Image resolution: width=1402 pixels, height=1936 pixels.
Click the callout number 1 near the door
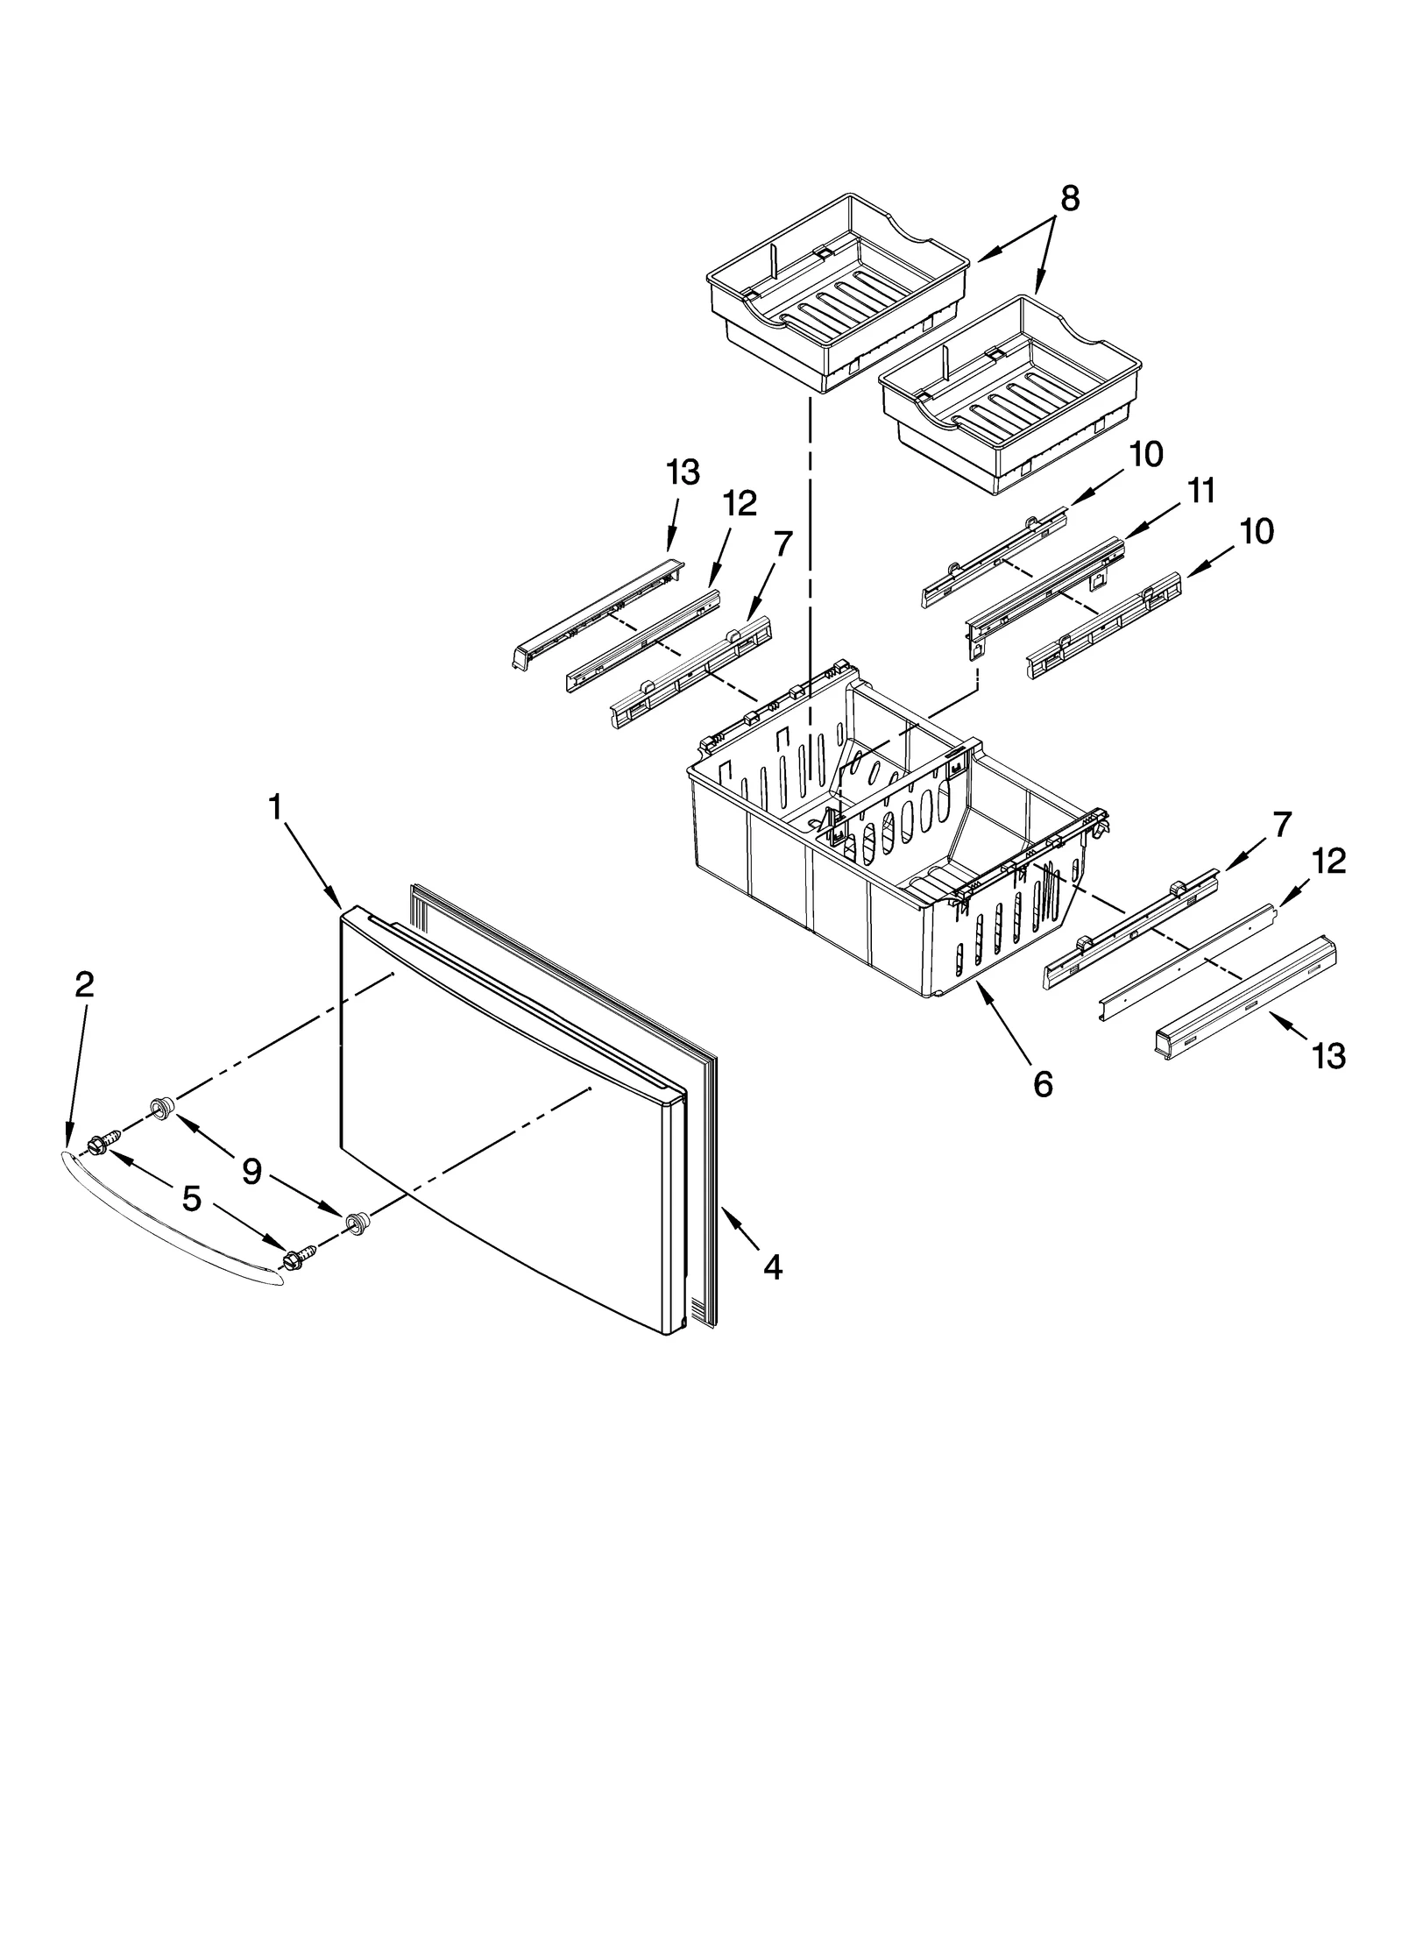pyautogui.click(x=276, y=807)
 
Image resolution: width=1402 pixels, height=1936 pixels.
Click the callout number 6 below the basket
pyautogui.click(x=1042, y=1085)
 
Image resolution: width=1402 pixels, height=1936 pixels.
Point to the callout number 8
pyautogui.click(x=1070, y=200)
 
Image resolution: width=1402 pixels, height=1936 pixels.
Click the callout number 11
pyautogui.click(x=1201, y=492)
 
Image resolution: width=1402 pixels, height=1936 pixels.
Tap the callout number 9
pyautogui.click(x=251, y=1172)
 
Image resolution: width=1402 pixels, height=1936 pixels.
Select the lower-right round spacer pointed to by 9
pyautogui.click(x=356, y=1223)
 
